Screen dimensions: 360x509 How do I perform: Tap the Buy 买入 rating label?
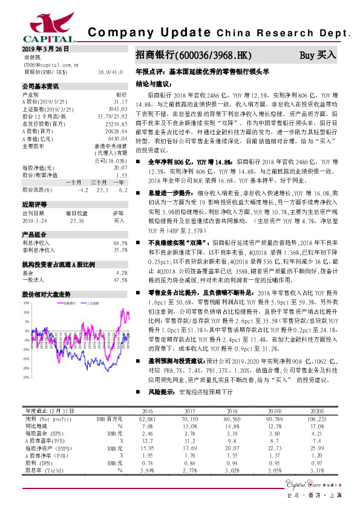coord(318,55)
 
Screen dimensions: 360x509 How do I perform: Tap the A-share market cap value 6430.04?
coord(117,138)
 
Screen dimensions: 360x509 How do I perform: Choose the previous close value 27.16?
coord(77,221)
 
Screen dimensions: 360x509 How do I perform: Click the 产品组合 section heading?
coord(36,235)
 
